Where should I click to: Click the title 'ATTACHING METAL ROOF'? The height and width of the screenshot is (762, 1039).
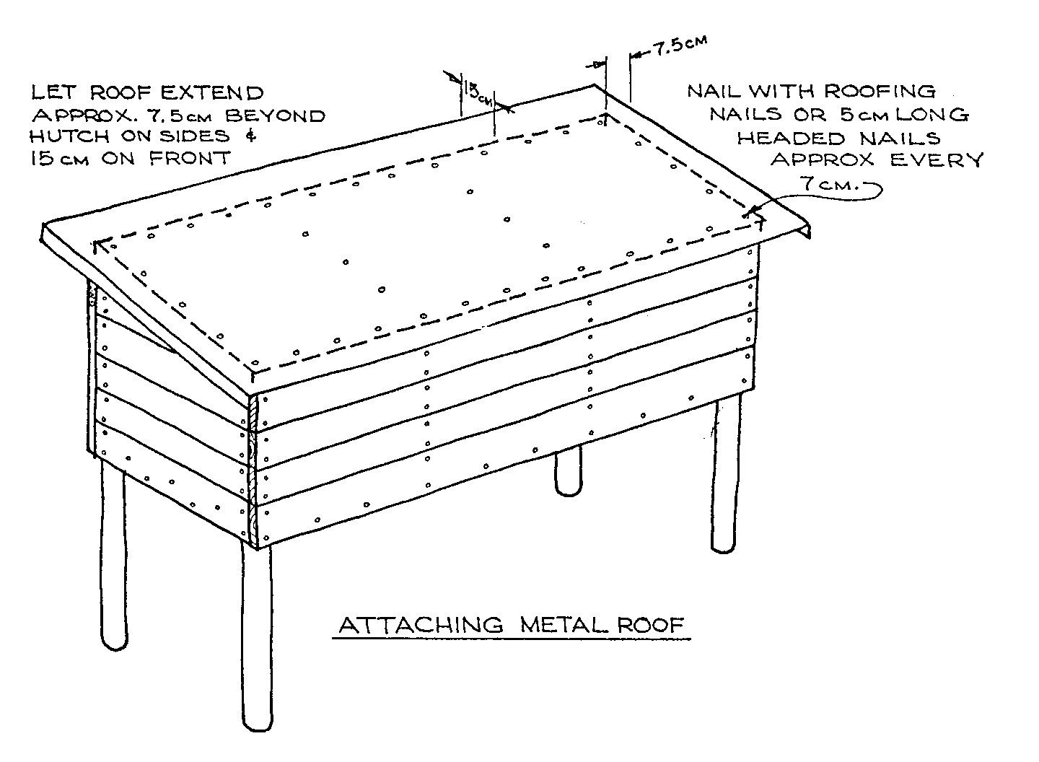pyautogui.click(x=511, y=624)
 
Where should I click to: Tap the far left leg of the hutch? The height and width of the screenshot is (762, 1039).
pyautogui.click(x=113, y=556)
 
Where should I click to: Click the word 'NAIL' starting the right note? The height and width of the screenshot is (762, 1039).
pyautogui.click(x=714, y=91)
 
